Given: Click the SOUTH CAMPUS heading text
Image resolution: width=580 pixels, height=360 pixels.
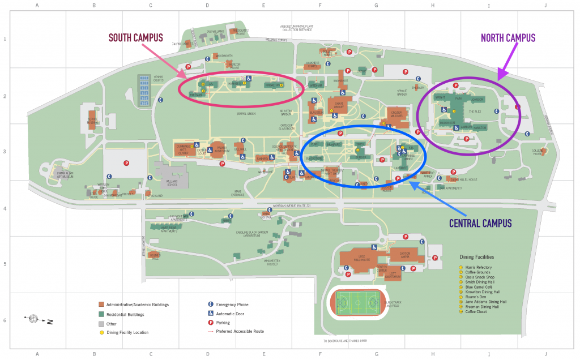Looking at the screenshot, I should (135, 38).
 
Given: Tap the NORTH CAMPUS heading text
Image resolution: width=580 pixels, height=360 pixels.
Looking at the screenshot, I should (507, 38).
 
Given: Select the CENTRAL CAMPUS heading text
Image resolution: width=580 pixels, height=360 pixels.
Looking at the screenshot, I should (480, 223).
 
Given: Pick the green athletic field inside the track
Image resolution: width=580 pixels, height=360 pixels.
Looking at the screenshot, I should (357, 303).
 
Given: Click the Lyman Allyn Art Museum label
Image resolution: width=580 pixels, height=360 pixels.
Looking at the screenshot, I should (61, 175).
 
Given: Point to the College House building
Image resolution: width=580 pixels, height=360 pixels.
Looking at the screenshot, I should (538, 152).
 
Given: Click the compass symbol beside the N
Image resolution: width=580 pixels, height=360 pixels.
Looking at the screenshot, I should (33, 319).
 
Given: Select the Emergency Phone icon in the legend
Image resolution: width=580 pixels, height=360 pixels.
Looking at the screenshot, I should (211, 305).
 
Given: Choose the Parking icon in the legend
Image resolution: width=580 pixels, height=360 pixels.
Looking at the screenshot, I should (211, 322).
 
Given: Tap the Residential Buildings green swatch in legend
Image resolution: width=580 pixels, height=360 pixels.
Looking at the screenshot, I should (101, 314).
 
